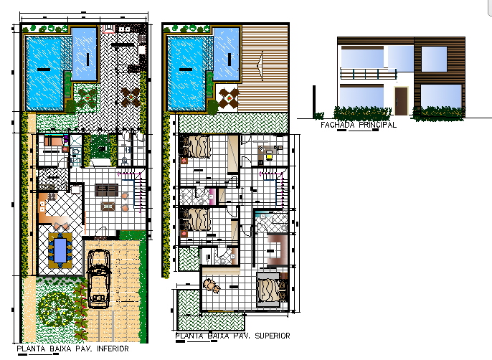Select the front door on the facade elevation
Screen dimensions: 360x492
click(x=401, y=100)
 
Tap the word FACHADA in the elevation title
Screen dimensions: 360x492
click(x=337, y=124)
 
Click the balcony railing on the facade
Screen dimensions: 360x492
click(x=367, y=73)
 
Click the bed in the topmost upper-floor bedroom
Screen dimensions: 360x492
click(x=197, y=146)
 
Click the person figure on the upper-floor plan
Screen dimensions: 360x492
click(x=212, y=287)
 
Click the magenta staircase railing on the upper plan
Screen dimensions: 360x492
click(x=270, y=172)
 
